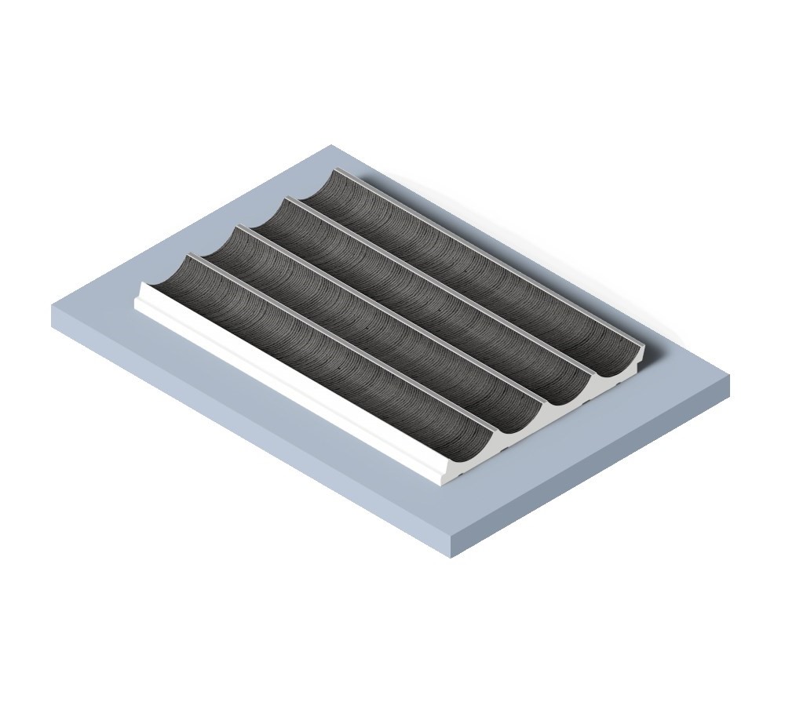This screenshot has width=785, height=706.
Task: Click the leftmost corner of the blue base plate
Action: click(x=53, y=306)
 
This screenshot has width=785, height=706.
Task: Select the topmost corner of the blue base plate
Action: click(x=331, y=145)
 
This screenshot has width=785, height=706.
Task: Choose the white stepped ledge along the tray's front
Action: click(x=290, y=384)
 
